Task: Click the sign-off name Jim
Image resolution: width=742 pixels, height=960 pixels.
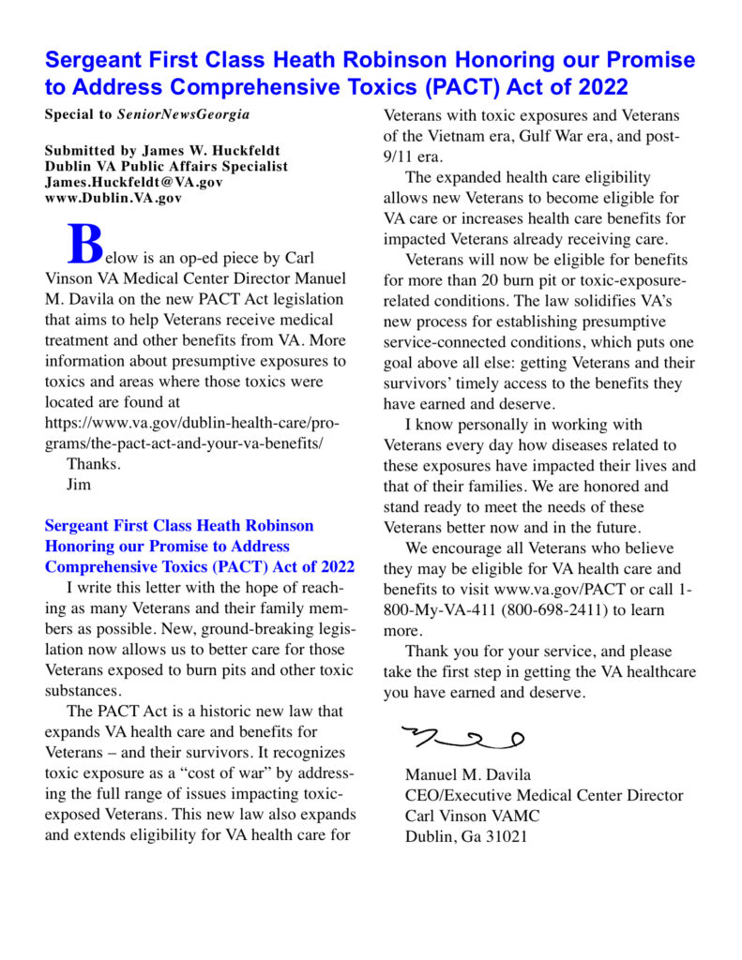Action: pyautogui.click(x=79, y=485)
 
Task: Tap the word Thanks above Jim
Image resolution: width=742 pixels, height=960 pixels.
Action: pyautogui.click(x=94, y=464)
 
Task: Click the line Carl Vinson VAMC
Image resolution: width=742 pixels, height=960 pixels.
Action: pyautogui.click(x=472, y=816)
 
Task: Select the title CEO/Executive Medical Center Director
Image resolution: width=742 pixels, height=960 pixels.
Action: pyautogui.click(x=544, y=795)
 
